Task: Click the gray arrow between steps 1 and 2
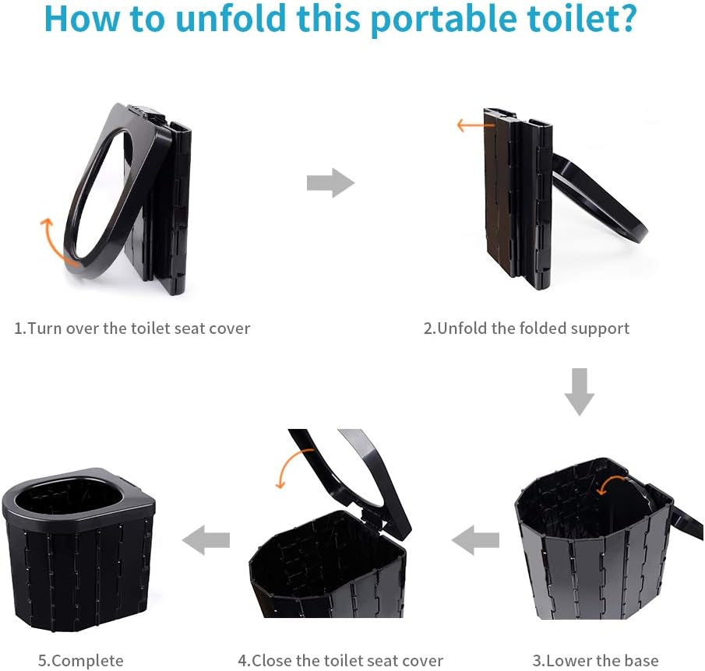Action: tap(330, 183)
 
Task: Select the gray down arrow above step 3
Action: tap(580, 392)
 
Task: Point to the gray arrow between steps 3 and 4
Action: tap(475, 539)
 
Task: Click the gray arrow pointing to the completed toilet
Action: tap(206, 539)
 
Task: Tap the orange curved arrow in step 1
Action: tap(51, 241)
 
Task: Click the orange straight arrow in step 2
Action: tap(475, 125)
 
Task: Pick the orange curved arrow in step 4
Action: tap(286, 466)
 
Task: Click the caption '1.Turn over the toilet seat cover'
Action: tap(132, 328)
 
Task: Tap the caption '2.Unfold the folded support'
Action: tap(527, 328)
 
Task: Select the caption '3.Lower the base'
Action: tap(595, 661)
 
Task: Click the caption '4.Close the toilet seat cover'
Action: tap(340, 661)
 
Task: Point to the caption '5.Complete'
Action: tap(81, 661)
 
